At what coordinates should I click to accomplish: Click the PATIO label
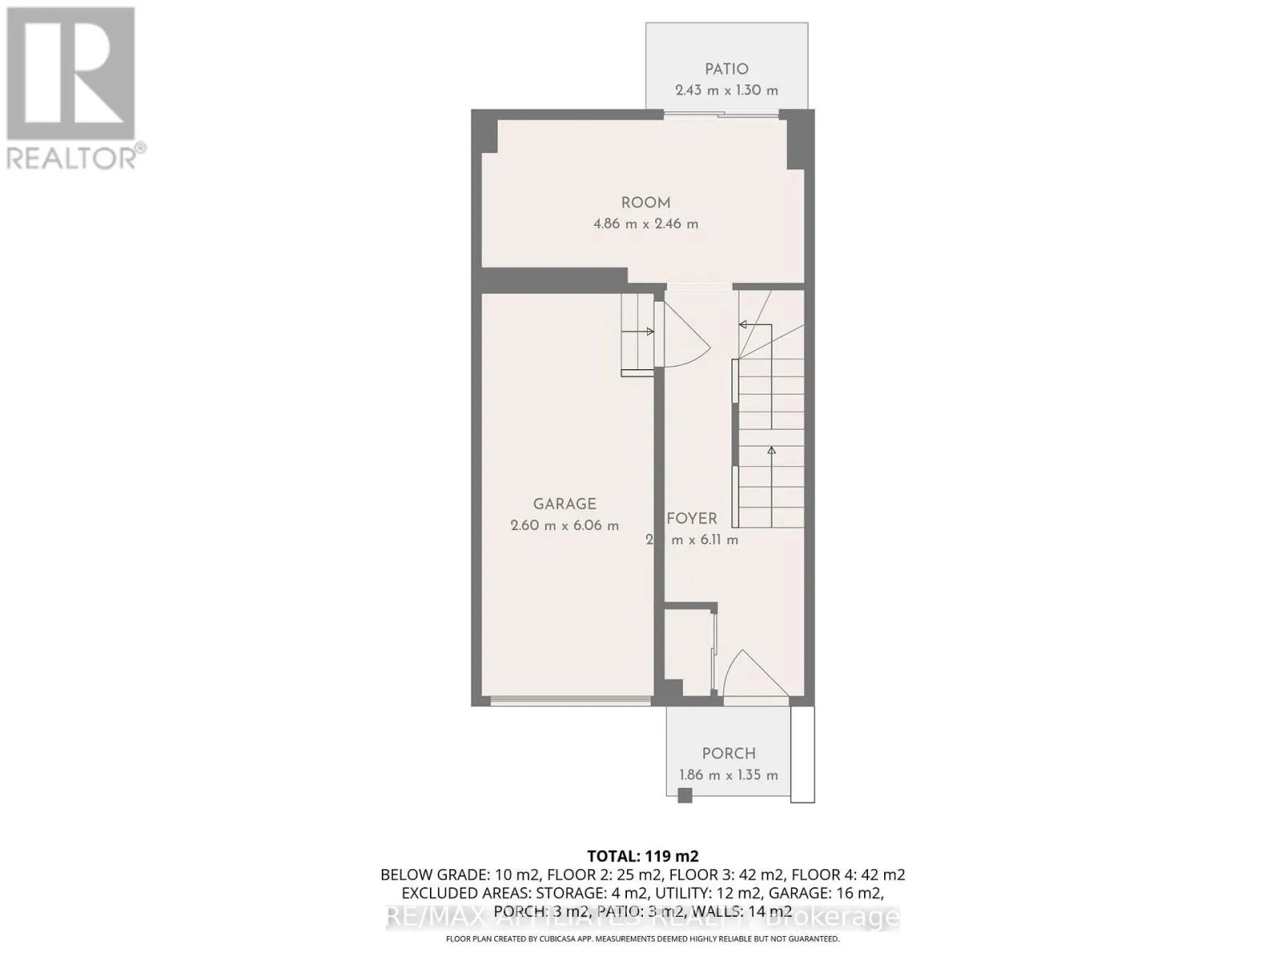point(727,69)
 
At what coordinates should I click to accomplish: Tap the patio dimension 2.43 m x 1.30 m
point(727,90)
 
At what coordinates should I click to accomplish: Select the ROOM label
point(645,203)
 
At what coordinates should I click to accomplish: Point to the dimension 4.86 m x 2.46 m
point(645,224)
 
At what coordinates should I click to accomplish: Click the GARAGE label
point(564,504)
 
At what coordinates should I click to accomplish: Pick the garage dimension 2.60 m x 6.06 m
point(564,526)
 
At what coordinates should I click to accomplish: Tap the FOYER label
point(691,519)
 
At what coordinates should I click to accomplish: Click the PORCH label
point(728,754)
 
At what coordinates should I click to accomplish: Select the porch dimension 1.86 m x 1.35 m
point(728,775)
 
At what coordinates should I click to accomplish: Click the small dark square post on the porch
point(685,796)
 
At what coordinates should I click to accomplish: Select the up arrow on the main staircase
point(772,452)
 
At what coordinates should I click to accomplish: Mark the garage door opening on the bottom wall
point(571,701)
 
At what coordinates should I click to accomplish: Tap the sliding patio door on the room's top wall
point(722,114)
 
